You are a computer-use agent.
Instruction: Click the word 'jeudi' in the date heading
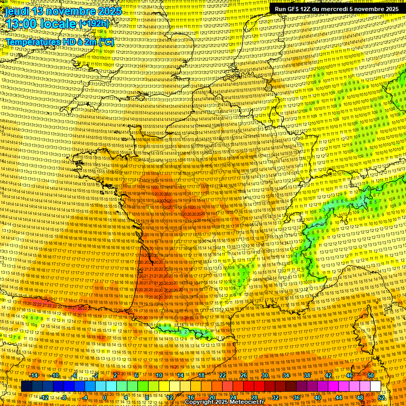(16, 11)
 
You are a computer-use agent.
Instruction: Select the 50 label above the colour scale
(371, 375)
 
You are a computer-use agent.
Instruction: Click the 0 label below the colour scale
(105, 397)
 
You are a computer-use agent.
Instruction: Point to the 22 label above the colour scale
(223, 375)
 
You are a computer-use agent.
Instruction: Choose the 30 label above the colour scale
(265, 375)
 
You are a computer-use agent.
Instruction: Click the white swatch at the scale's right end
(375, 386)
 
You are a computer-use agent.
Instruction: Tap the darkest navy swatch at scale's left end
(26, 386)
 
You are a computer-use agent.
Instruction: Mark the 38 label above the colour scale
(307, 375)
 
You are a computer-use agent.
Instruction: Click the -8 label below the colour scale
(63, 397)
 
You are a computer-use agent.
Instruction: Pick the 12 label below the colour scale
(170, 397)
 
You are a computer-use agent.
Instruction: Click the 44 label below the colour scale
(339, 397)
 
